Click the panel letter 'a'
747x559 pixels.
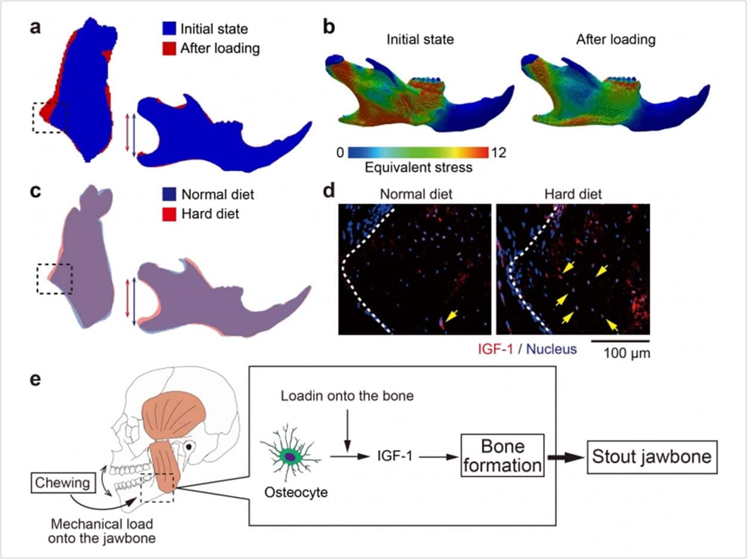pyautogui.click(x=36, y=28)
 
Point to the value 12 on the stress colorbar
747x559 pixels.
pyautogui.click(x=497, y=153)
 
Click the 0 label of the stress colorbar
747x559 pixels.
pyautogui.click(x=340, y=153)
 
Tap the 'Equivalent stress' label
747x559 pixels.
pyautogui.click(x=418, y=168)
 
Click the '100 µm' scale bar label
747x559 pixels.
pyautogui.click(x=621, y=353)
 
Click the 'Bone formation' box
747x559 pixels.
pyautogui.click(x=503, y=456)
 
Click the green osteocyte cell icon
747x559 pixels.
pyautogui.click(x=289, y=457)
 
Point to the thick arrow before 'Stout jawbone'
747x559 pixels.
pyautogui.click(x=565, y=457)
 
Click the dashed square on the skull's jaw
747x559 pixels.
pyautogui.click(x=157, y=489)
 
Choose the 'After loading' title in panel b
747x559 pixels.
pyautogui.click(x=616, y=40)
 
